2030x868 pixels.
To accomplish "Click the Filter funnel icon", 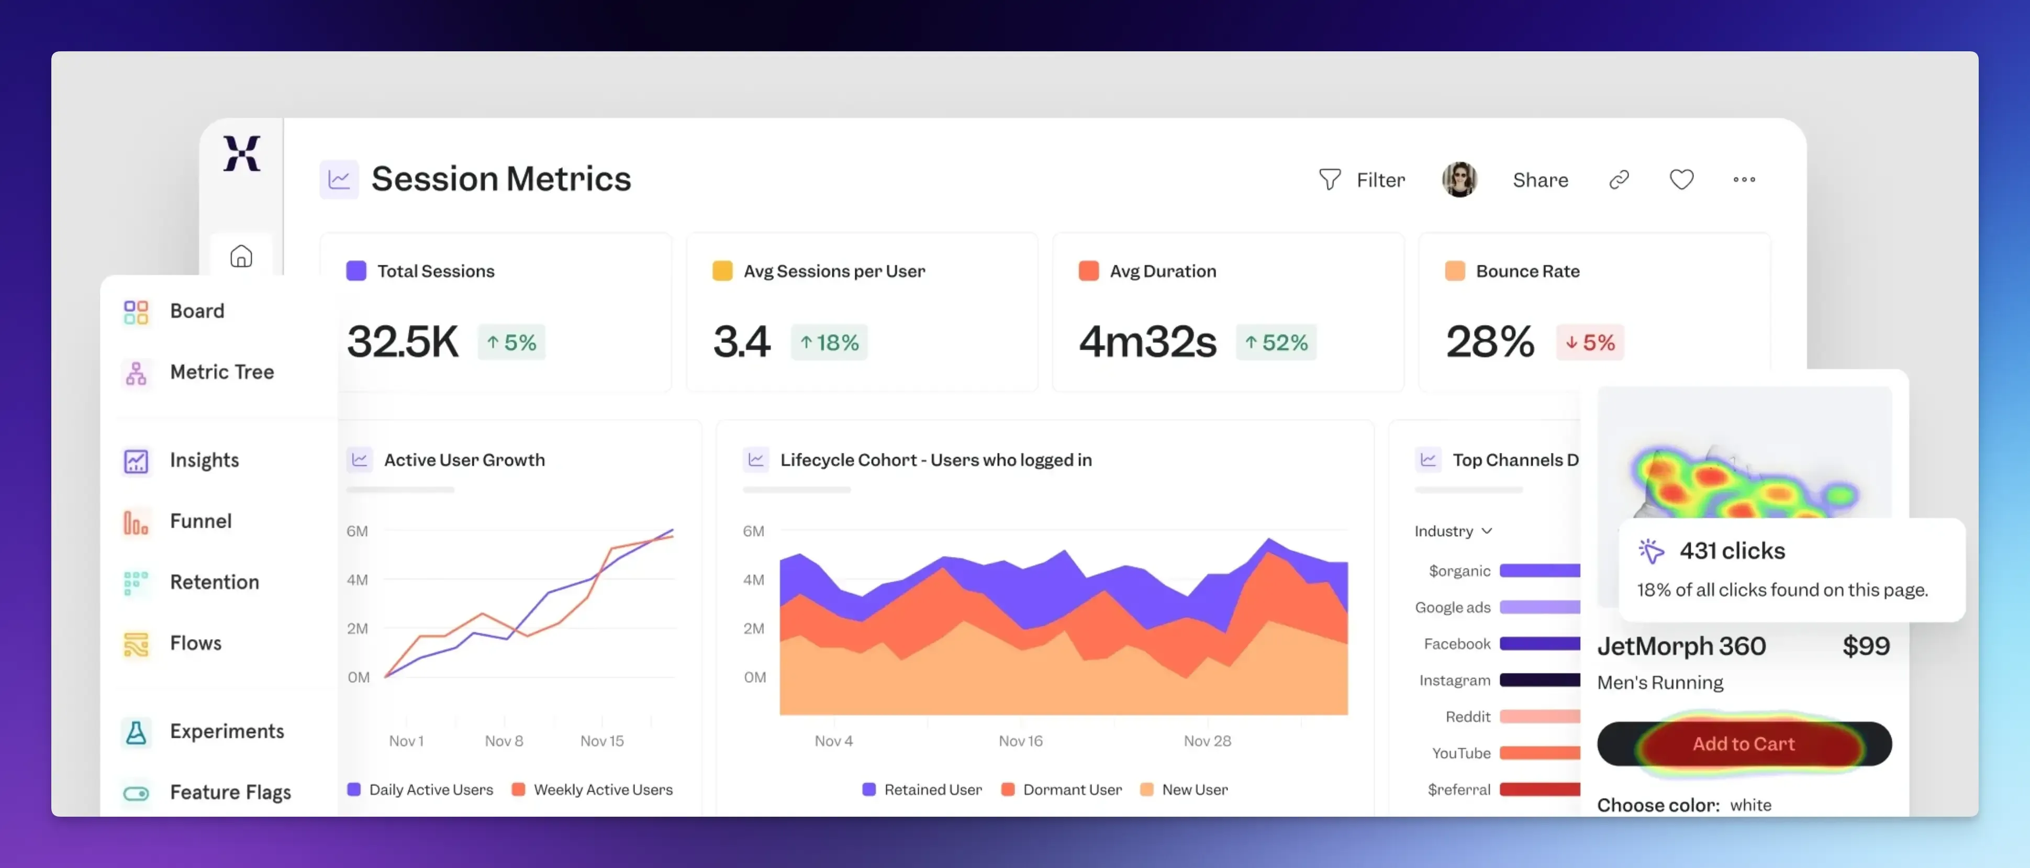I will pyautogui.click(x=1330, y=180).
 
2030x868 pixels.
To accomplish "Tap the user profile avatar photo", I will pyautogui.click(x=1459, y=180).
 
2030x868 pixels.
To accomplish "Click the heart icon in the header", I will pyautogui.click(x=1681, y=180).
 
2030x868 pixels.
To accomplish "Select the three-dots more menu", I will pyautogui.click(x=1744, y=180).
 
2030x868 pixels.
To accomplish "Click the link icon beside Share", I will pyautogui.click(x=1619, y=180).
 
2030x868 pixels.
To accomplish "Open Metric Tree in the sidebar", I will pyautogui.click(x=221, y=372).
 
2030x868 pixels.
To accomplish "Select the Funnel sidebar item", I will pyautogui.click(x=200, y=521).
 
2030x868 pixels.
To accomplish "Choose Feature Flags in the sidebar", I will pyautogui.click(x=230, y=792).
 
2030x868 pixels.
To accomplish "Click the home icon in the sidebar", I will pyautogui.click(x=241, y=256).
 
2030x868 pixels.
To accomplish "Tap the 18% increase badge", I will pyautogui.click(x=829, y=343).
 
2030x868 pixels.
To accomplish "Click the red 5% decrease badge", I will pyautogui.click(x=1589, y=343).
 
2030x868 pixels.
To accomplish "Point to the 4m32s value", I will pyautogui.click(x=1147, y=342).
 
